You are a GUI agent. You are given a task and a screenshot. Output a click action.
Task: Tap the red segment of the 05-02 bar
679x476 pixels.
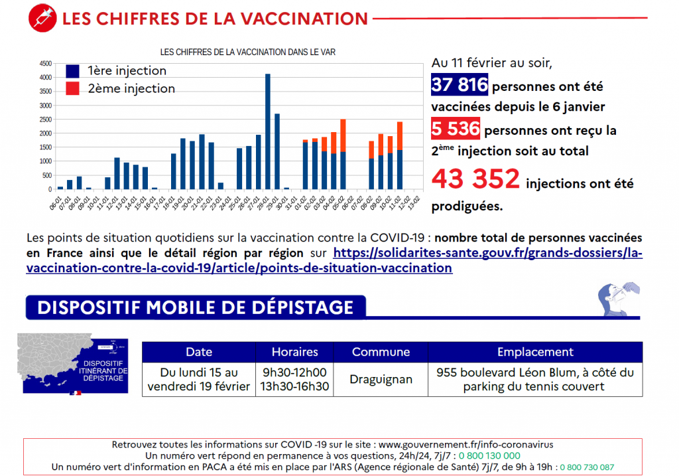pyautogui.click(x=343, y=135)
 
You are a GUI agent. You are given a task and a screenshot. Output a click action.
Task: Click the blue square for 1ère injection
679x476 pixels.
pyautogui.click(x=73, y=71)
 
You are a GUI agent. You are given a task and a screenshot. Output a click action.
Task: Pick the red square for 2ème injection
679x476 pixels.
pyautogui.click(x=73, y=88)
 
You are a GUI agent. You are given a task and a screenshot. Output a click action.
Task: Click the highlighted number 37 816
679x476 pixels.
pyautogui.click(x=460, y=86)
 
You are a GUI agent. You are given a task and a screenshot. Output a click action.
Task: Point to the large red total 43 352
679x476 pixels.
pyautogui.click(x=475, y=179)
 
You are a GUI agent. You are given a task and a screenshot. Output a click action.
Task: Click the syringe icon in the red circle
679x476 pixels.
pyautogui.click(x=42, y=18)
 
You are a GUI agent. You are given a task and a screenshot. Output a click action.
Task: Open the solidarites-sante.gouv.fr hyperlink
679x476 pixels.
pyautogui.click(x=487, y=253)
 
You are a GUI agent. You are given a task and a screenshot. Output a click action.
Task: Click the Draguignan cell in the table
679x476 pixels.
pyautogui.click(x=381, y=380)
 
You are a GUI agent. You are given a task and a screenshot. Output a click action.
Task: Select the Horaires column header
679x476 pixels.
pyautogui.click(x=294, y=352)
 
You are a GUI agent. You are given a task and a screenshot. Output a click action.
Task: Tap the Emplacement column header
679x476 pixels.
pyautogui.click(x=535, y=352)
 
